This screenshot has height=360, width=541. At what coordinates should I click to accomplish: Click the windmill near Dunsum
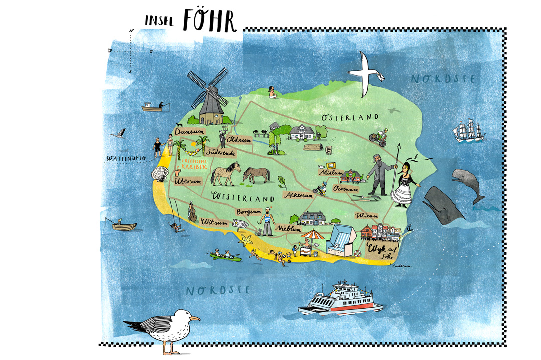(x=208, y=98)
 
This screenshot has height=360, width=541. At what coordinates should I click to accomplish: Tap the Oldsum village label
(x=238, y=140)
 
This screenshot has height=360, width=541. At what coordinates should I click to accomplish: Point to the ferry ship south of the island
(x=340, y=300)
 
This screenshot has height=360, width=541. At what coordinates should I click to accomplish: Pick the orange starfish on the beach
(x=245, y=240)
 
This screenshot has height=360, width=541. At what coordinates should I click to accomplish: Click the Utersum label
(x=186, y=181)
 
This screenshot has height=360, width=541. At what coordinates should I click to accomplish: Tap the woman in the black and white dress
(x=404, y=183)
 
